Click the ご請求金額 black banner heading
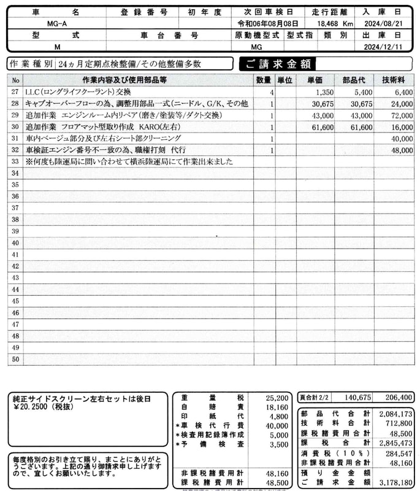point(277,64)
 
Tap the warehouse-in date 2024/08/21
point(391,23)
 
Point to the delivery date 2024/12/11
point(391,47)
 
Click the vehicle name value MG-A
point(57,23)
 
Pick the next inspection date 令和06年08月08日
point(264,23)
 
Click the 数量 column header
point(264,80)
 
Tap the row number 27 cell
point(15,91)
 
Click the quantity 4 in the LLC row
point(272,91)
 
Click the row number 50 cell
point(15,360)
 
